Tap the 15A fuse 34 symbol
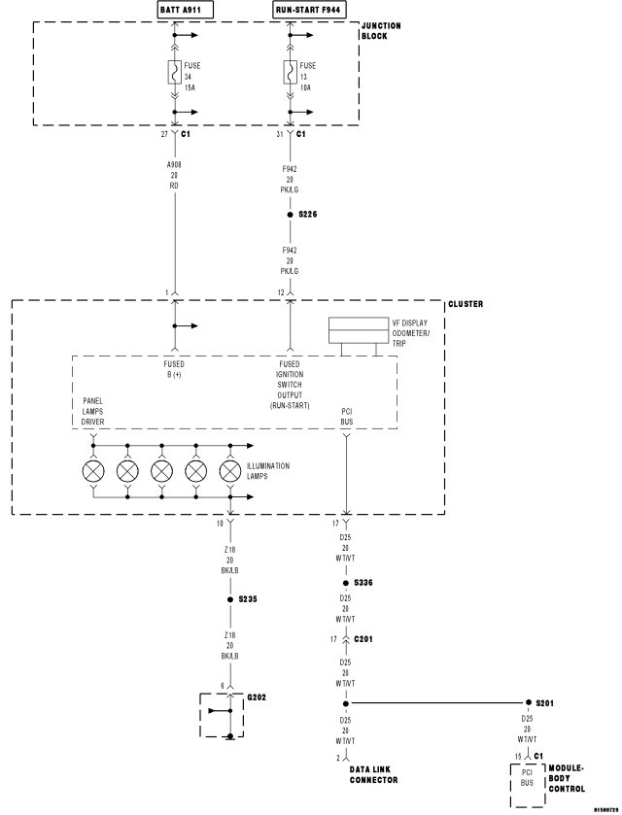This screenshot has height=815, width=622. point(175,72)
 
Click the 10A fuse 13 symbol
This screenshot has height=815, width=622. point(290,72)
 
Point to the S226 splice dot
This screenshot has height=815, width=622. point(290,214)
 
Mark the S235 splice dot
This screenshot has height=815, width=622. point(229,599)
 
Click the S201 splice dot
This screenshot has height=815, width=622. point(528,702)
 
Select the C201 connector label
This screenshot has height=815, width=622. point(364,639)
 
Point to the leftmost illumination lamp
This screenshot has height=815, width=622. point(93,471)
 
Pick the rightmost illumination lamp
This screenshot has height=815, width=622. point(230,471)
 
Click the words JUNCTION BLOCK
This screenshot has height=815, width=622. point(374,31)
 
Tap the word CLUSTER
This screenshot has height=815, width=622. point(465,304)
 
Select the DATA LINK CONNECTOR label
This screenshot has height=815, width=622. point(374,774)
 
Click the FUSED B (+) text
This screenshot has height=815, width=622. point(175,370)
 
